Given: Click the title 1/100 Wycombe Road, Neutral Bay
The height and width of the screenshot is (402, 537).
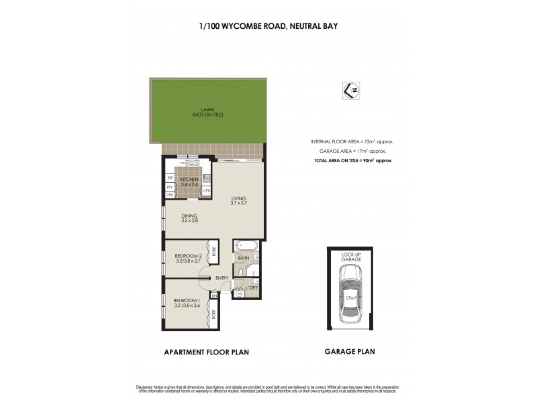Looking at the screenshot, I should [x=268, y=27].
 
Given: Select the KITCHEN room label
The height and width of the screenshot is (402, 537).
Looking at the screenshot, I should [x=189, y=182].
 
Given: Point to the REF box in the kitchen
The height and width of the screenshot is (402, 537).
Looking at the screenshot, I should [x=170, y=178].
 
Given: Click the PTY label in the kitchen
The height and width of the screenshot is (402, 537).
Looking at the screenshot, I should [x=170, y=187].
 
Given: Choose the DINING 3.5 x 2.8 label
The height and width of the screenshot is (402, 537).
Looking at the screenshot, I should [x=189, y=218].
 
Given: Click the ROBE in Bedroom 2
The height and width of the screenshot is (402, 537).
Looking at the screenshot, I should [x=214, y=252].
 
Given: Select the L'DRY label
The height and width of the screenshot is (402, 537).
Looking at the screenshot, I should [x=252, y=287].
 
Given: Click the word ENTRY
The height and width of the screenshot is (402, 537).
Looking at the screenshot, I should [x=222, y=279].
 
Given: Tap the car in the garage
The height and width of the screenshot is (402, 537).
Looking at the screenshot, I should [x=350, y=293].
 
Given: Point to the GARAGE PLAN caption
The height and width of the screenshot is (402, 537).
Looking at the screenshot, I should [x=350, y=351].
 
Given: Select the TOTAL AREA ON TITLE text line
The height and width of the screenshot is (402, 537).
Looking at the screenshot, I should [x=352, y=161].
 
